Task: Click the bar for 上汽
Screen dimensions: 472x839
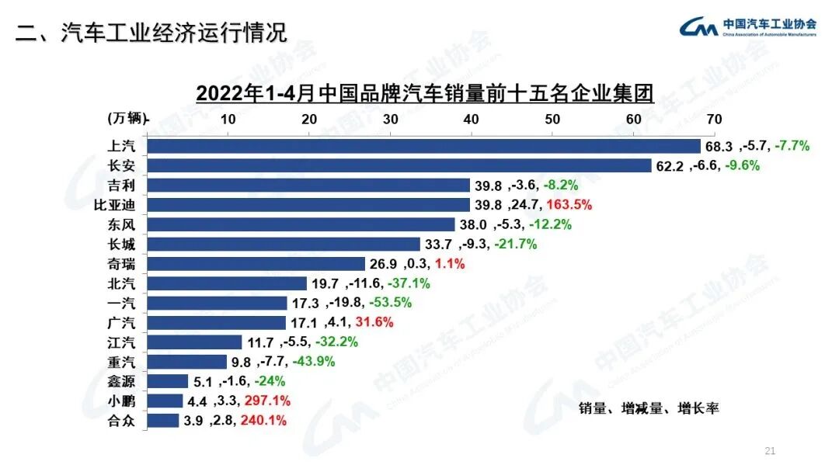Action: pos(423,146)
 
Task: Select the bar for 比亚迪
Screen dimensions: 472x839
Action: pos(308,205)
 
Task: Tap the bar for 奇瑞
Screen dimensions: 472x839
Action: pos(256,264)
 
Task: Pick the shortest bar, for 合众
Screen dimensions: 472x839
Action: pos(162,421)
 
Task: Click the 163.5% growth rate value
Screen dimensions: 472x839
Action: pos(569,205)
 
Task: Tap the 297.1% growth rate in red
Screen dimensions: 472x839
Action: pos(267,401)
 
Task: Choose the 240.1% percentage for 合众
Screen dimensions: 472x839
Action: pos(264,421)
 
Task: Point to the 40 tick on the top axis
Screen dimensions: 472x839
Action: pos(470,119)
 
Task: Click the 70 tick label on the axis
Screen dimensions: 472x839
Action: pos(713,119)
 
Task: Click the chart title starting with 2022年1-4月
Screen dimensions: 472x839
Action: pos(425,93)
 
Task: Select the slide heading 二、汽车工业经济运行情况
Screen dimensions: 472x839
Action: pos(151,33)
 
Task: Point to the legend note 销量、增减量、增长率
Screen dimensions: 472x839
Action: pos(649,408)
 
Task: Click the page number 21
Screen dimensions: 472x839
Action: pos(771,451)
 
